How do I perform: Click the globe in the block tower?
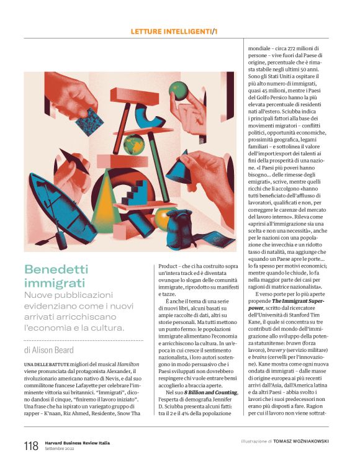coord(133,144)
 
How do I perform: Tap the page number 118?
coord(31,446)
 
